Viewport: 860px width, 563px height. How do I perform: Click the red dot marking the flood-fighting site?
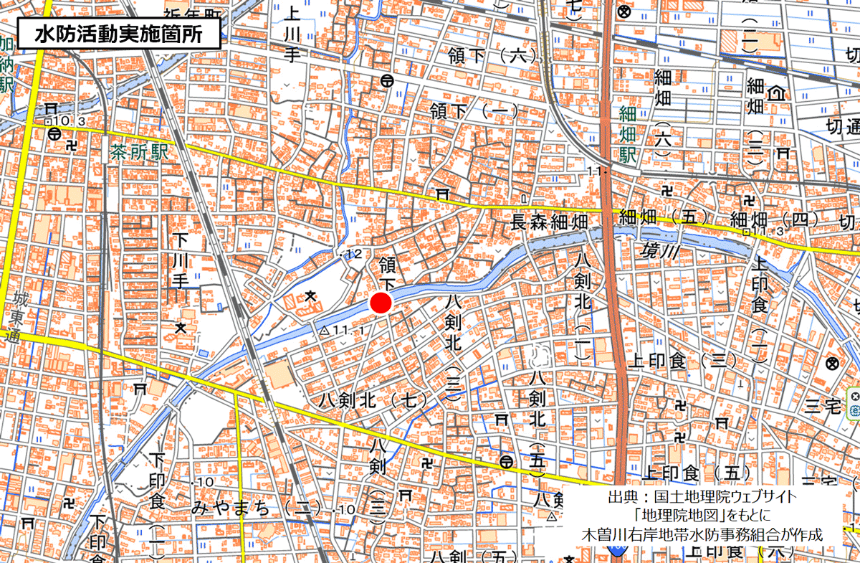tap(381, 303)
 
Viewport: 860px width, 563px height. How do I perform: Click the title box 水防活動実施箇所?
tap(118, 34)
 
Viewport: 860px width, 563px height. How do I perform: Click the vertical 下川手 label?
tap(179, 258)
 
